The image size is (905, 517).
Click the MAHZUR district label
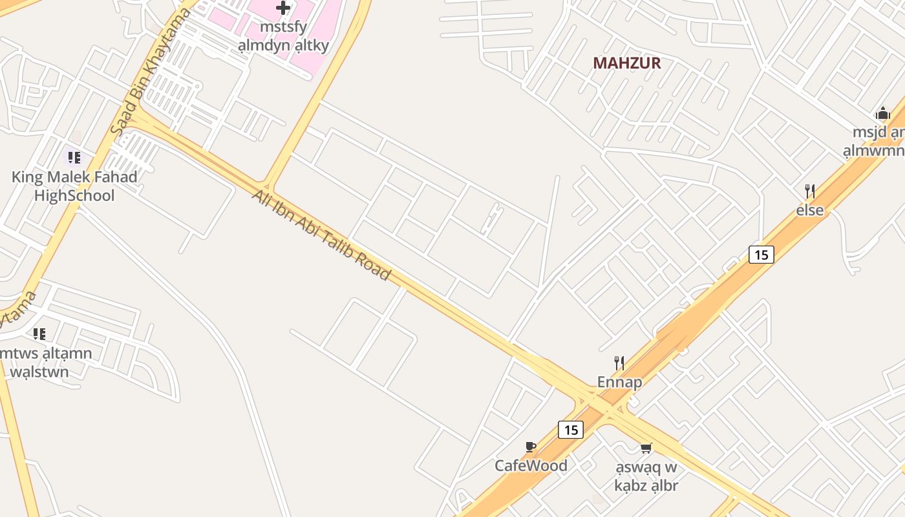pyautogui.click(x=626, y=63)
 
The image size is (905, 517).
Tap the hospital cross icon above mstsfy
pyautogui.click(x=283, y=8)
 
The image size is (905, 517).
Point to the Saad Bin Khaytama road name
pyautogui.click(x=151, y=71)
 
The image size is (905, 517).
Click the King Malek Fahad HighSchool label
pyautogui.click(x=74, y=186)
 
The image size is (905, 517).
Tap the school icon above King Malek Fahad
pyautogui.click(x=74, y=157)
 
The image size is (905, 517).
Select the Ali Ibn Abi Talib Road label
pyautogui.click(x=321, y=235)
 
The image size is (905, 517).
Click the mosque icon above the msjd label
pyautogui.click(x=882, y=114)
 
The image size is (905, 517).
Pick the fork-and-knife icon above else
pyautogui.click(x=809, y=191)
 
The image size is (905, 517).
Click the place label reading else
pyautogui.click(x=809, y=209)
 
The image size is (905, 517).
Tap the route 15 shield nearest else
pyautogui.click(x=761, y=254)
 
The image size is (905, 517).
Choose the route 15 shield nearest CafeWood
pyautogui.click(x=571, y=429)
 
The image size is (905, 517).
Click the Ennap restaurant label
pyautogui.click(x=619, y=381)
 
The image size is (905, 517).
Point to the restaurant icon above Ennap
pyautogui.click(x=619, y=363)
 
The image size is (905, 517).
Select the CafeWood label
pyautogui.click(x=531, y=465)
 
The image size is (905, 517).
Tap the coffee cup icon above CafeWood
pyautogui.click(x=531, y=446)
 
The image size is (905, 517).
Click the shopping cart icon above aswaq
pyautogui.click(x=645, y=447)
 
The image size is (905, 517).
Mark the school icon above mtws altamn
pyautogui.click(x=39, y=333)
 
